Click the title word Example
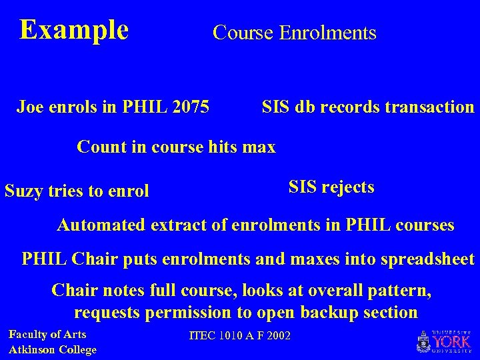[74, 30]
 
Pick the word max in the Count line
[261, 146]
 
